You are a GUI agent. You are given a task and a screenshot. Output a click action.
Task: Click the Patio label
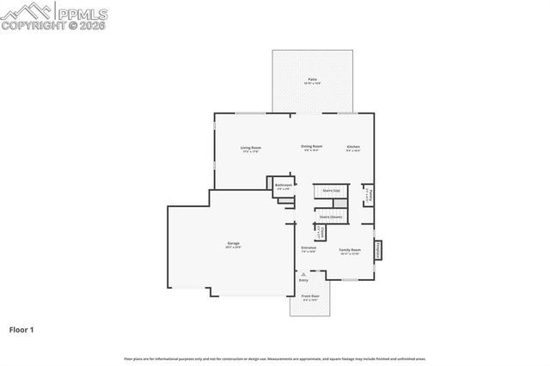[311, 81]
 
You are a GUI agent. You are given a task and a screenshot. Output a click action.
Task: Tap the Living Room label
[251, 148]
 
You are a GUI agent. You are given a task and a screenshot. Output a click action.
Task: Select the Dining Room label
[311, 147]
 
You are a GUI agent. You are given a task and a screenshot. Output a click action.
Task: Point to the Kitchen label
[353, 148]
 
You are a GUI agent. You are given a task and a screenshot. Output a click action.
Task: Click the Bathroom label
[284, 186]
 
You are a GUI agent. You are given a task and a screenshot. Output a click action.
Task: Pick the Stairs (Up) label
[331, 190]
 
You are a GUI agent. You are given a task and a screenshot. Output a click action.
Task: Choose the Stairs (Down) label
[331, 217]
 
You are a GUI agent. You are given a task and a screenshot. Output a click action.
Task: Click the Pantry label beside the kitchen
[368, 196]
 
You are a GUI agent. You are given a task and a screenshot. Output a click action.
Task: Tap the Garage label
[233, 245]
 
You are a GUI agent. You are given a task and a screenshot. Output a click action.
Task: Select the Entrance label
[309, 249]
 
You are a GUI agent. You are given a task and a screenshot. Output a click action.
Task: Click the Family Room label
[350, 250]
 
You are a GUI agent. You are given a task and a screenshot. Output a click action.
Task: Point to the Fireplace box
[380, 249]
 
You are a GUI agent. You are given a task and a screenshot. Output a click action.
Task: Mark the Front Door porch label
[309, 296]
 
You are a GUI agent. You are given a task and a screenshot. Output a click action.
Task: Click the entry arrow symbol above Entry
[302, 274]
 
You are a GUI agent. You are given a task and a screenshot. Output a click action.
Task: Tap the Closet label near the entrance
[320, 233]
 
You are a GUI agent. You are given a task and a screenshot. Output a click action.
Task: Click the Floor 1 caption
[21, 329]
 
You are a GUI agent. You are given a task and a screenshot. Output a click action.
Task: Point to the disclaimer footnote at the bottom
[275, 358]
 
